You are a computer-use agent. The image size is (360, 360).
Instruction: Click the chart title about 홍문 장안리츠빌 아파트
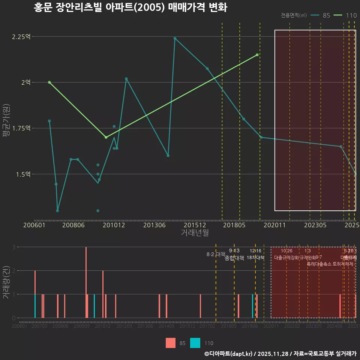pyautogui.click(x=130, y=7)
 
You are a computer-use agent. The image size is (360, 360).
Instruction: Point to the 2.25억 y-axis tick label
pyautogui.click(x=21, y=37)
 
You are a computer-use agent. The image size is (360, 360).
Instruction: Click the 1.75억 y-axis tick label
pyautogui.click(x=21, y=128)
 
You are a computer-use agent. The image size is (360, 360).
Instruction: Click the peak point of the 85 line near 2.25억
pyautogui.click(x=175, y=38)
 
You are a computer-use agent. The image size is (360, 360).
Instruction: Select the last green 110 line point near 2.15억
pyautogui.click(x=257, y=55)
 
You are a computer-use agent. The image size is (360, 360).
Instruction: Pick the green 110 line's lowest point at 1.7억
pyautogui.click(x=106, y=137)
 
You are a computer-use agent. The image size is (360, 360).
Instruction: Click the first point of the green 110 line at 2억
pyautogui.click(x=49, y=82)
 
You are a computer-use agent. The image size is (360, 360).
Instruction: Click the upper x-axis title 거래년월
pyautogui.click(x=195, y=232)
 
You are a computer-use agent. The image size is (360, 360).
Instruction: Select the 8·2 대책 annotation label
pyautogui.click(x=216, y=254)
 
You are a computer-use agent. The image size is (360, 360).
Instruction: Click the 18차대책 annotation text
pyautogui.click(x=256, y=258)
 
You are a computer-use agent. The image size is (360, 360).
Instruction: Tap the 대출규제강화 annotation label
pyautogui.click(x=286, y=258)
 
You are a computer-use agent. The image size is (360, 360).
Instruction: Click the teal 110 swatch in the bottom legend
pyautogui.click(x=195, y=343)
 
